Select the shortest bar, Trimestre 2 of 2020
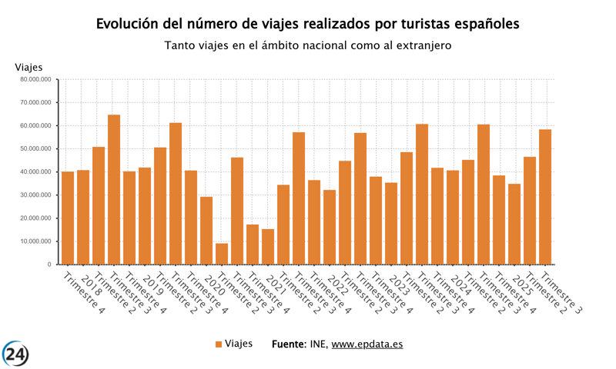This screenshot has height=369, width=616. point(222,254)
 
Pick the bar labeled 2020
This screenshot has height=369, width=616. point(206,231)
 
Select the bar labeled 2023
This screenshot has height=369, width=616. point(391,223)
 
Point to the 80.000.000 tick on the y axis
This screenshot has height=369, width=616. point(37,79)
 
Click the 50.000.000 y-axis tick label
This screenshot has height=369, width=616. point(37,148)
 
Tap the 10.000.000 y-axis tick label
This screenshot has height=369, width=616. point(37,241)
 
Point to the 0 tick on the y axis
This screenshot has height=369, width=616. point(49,264)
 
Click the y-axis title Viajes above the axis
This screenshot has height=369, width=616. point(29,67)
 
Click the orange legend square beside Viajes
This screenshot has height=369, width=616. point(218,344)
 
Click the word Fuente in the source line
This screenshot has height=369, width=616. point(288,344)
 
